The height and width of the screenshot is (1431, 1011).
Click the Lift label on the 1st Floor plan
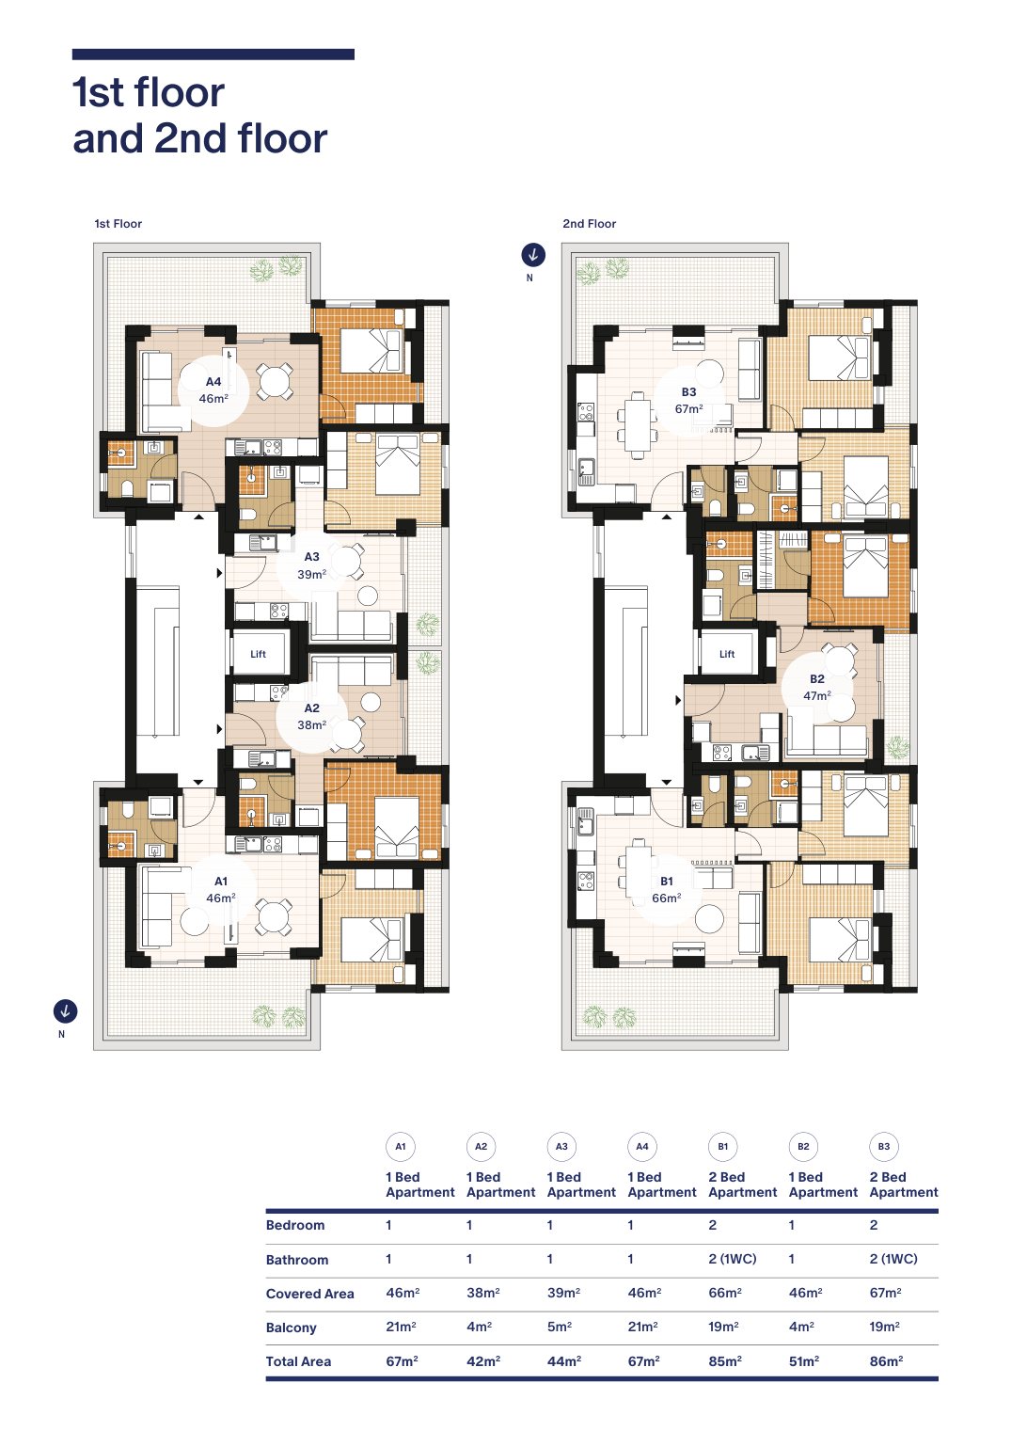(258, 654)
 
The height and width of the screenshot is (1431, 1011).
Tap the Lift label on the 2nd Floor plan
(727, 654)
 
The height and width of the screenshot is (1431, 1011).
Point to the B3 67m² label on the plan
(688, 400)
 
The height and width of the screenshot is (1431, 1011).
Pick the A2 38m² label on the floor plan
(311, 716)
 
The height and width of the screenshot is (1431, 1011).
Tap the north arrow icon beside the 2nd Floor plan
(533, 254)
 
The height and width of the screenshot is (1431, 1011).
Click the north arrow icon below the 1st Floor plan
(65, 1010)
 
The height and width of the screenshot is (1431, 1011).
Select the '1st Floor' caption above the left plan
(118, 224)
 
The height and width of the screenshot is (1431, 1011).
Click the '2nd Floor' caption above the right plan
(590, 224)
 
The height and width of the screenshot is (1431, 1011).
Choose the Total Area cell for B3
(887, 1360)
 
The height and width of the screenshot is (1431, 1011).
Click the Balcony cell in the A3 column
(560, 1327)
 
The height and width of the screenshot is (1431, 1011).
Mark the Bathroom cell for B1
(733, 1259)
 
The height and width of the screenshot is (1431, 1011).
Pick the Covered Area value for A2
(483, 1293)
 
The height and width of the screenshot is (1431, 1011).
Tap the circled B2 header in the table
(803, 1146)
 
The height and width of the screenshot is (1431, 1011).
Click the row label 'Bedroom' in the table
(295, 1225)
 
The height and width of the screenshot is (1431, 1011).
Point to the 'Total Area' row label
(298, 1360)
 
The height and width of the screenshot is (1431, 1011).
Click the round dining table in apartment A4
(276, 382)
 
